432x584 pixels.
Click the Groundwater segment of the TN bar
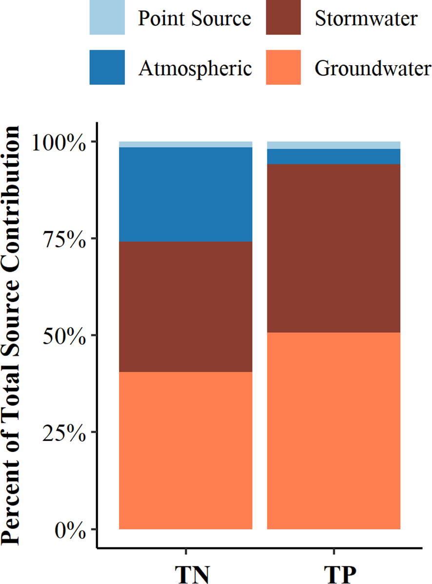185,451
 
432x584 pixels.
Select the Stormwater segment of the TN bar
185,306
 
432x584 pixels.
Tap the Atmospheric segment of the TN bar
185,194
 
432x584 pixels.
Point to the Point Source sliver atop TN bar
185,144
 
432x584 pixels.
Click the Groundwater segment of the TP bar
334,431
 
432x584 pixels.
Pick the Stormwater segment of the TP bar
334,248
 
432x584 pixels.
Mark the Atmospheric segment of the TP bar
334,156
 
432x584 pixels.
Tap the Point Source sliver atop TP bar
334,145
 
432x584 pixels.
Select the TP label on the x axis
334,574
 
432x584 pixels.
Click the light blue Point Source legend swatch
107,18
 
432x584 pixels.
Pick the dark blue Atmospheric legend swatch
107,67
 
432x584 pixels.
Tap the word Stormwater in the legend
366,19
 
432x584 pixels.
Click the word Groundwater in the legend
373,68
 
